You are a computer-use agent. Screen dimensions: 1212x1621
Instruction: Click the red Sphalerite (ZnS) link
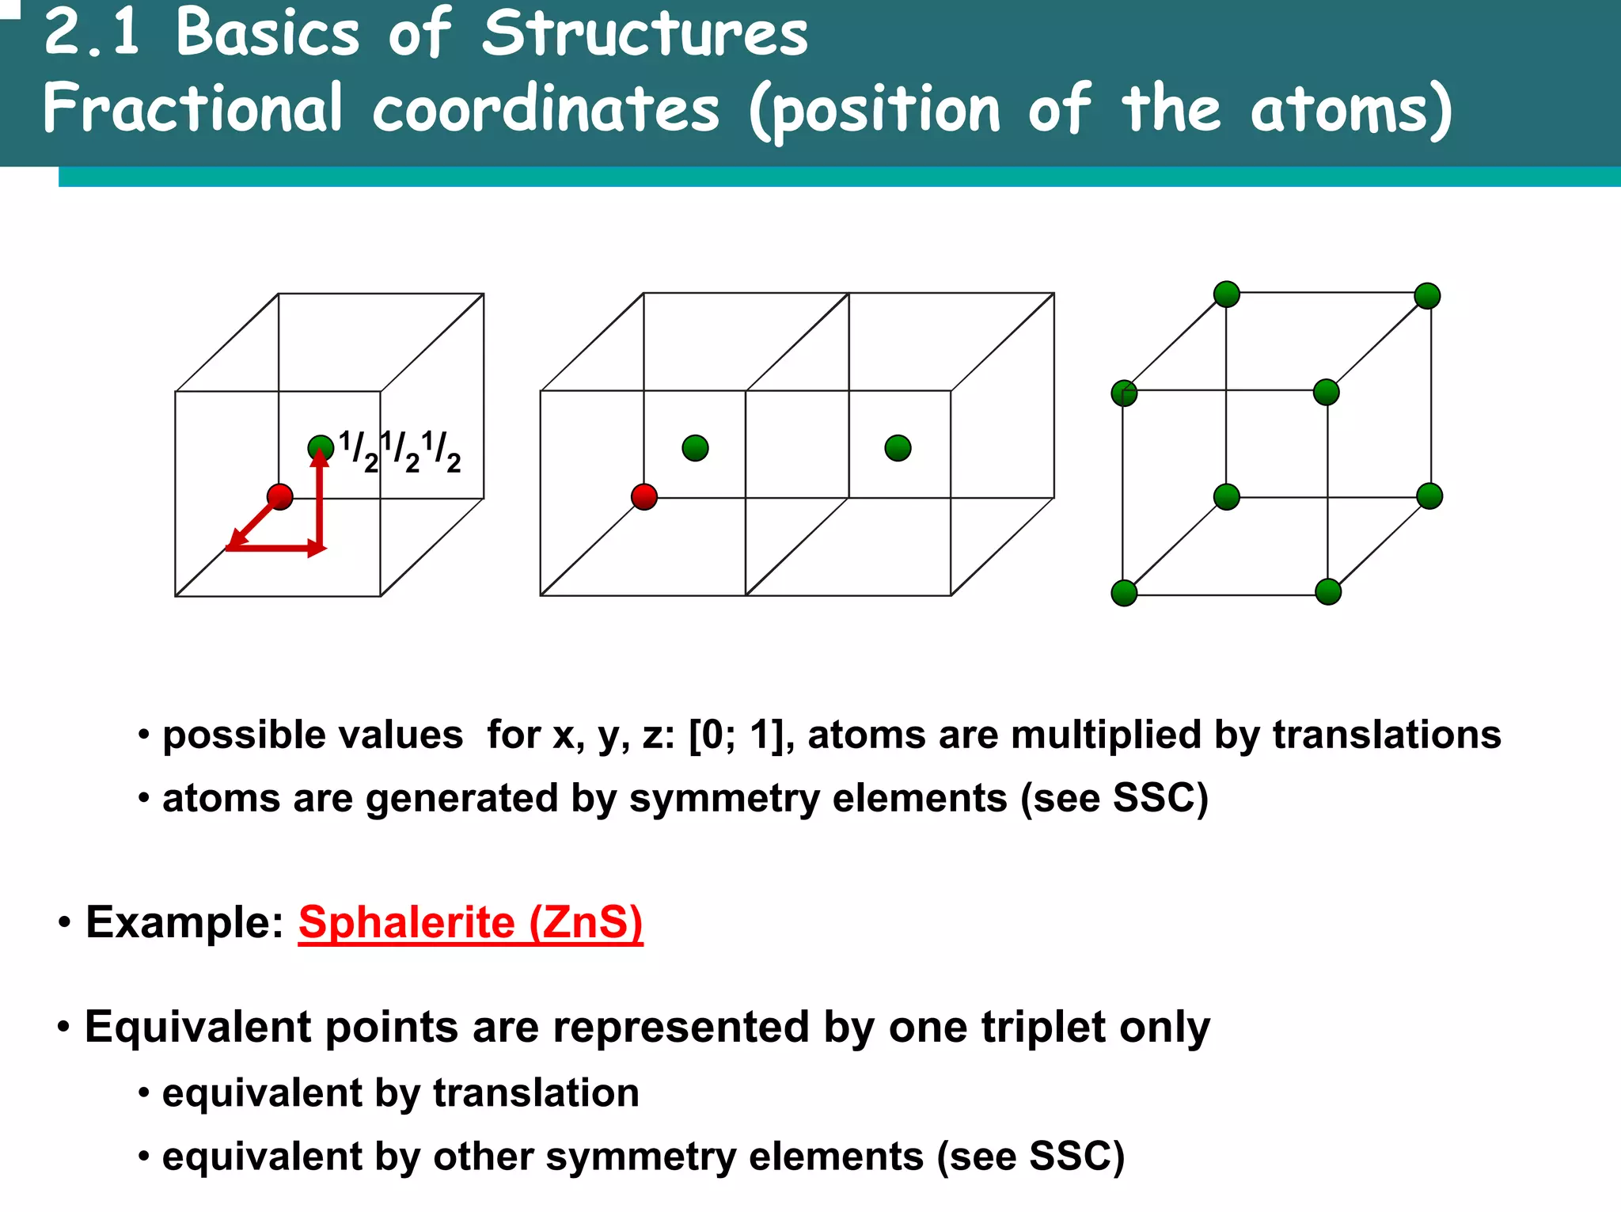point(470,922)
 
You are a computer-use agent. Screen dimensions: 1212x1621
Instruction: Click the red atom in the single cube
point(280,497)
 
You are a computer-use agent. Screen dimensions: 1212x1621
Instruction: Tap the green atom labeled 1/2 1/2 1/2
point(320,448)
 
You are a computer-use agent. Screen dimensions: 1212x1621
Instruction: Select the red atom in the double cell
point(644,497)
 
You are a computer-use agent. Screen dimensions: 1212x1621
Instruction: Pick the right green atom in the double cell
point(898,448)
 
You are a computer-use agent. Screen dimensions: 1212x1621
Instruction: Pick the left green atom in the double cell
point(695,448)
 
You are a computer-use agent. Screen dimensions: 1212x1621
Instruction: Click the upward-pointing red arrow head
point(320,458)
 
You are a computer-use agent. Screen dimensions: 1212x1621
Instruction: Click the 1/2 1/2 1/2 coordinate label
point(400,451)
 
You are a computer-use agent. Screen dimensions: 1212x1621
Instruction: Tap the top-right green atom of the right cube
point(1427,296)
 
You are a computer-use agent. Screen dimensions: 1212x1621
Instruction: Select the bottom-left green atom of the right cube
point(1124,593)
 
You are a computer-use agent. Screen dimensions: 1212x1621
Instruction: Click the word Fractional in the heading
point(193,108)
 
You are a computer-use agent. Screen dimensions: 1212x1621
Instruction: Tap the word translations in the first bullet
point(1387,735)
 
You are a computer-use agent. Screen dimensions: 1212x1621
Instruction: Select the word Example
point(184,922)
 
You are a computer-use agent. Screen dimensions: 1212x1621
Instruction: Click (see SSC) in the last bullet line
point(1031,1157)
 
